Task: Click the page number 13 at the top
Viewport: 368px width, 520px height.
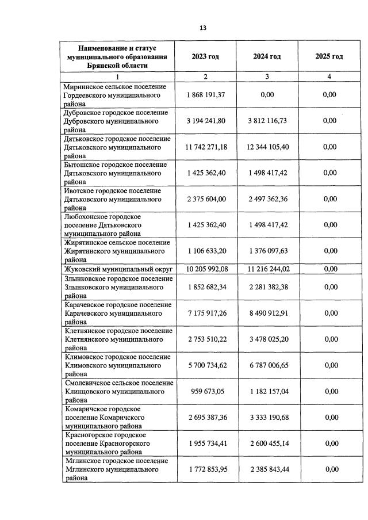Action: [203, 28]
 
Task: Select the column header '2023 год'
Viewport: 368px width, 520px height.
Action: [205, 56]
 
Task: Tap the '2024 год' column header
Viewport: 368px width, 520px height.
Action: [267, 56]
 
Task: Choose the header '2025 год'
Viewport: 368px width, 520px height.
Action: [329, 56]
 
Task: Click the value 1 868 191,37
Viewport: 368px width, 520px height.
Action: [206, 94]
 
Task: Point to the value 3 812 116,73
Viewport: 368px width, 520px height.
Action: [267, 121]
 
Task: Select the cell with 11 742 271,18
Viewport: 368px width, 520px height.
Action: [206, 147]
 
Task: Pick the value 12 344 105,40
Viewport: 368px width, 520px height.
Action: [267, 147]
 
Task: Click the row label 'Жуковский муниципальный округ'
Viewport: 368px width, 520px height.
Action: [118, 269]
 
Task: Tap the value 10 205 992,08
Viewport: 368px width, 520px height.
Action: [206, 269]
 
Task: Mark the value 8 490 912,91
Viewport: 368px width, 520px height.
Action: [267, 313]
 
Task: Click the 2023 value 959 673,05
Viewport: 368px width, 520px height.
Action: [206, 392]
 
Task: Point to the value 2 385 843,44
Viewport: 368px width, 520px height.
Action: [267, 470]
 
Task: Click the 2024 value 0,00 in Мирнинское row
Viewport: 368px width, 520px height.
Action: [267, 94]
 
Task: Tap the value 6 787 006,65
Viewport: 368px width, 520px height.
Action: [267, 365]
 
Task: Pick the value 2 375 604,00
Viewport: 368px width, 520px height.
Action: [206, 200]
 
